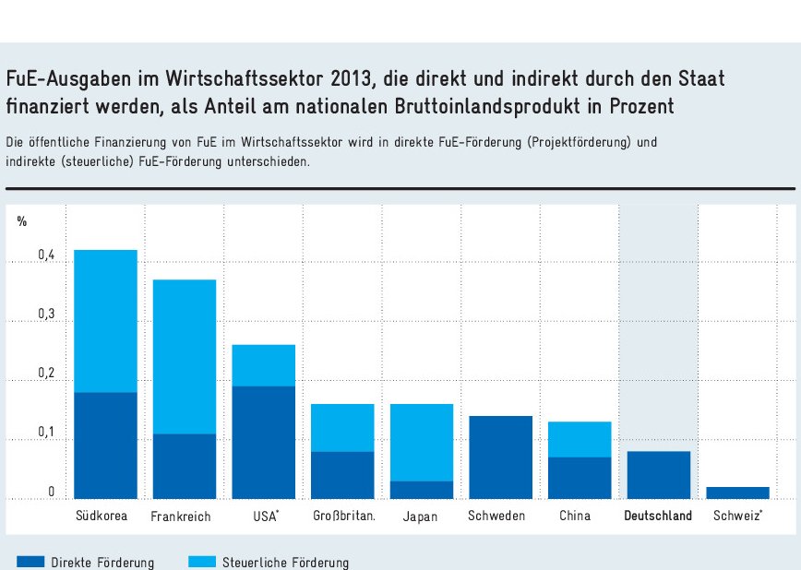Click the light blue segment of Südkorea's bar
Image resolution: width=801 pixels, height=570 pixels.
coord(105,321)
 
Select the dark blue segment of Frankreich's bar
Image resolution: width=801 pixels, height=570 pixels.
coord(185,466)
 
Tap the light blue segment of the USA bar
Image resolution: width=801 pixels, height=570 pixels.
coord(263,365)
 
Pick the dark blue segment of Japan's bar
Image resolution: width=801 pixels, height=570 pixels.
coord(421,490)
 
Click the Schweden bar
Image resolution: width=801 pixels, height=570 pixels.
coord(500,457)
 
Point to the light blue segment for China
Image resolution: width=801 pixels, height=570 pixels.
coord(580,439)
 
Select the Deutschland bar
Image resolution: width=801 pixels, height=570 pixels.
coord(658,474)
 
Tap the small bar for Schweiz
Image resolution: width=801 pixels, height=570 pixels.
coord(737,493)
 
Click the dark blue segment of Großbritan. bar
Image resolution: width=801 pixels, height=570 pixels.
coord(342,474)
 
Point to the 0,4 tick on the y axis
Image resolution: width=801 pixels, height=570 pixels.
coord(47,255)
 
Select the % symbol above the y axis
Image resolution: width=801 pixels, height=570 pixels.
coord(22,221)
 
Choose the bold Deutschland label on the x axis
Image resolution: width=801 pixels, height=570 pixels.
coord(658,516)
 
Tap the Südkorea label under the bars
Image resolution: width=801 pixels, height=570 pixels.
coord(102,516)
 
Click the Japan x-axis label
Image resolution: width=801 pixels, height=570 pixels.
coord(420,517)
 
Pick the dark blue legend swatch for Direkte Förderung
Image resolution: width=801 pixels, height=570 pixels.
coord(30,562)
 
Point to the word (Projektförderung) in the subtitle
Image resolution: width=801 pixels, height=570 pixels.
coord(580,143)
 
